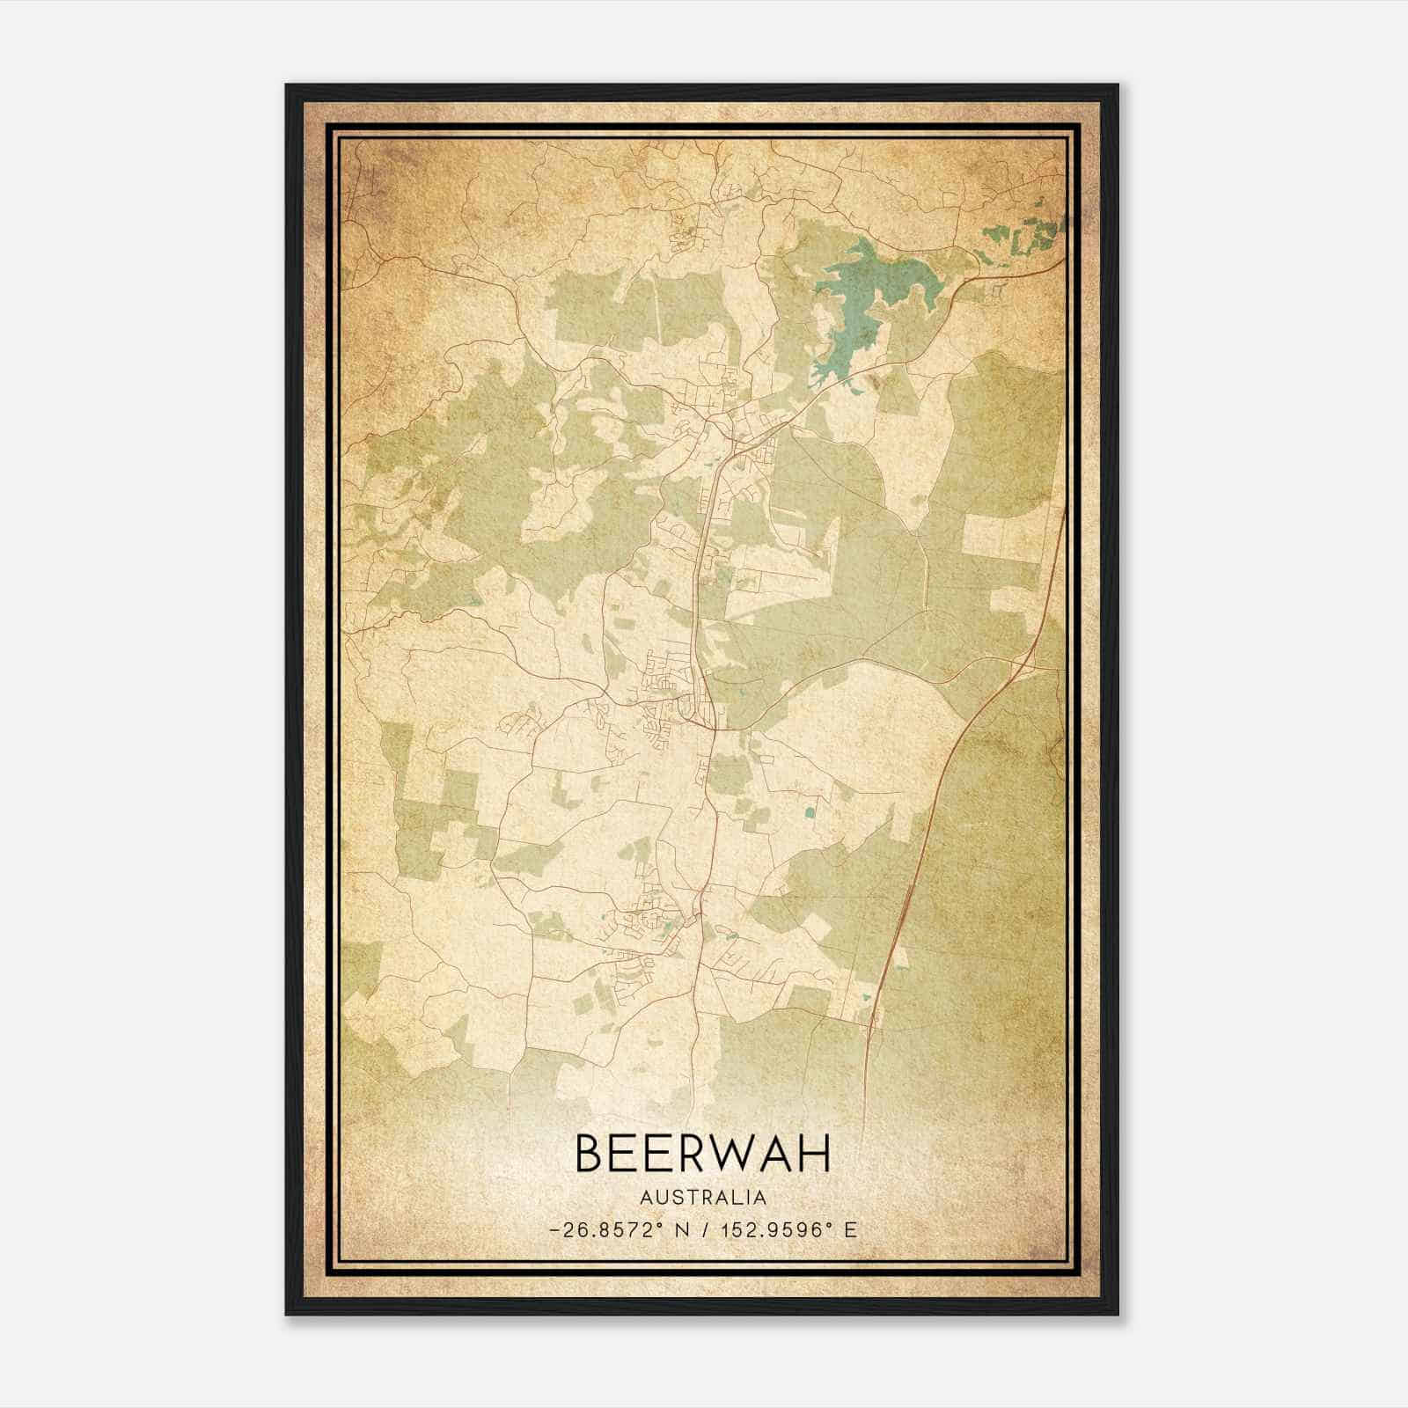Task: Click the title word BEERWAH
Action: click(x=702, y=1154)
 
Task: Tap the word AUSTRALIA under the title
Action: click(x=702, y=1198)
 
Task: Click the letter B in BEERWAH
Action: click(x=590, y=1154)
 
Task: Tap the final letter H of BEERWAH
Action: click(x=816, y=1154)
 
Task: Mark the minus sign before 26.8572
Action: click(x=554, y=1230)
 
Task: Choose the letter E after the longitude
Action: click(x=850, y=1230)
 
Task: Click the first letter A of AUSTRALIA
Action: click(x=646, y=1198)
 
